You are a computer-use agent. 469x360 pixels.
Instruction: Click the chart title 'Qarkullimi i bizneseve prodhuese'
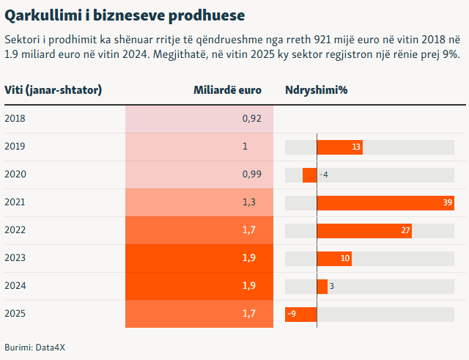tap(125, 15)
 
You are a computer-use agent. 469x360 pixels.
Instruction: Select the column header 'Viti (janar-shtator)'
tap(53, 90)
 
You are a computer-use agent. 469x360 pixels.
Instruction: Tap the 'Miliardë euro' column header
tap(227, 90)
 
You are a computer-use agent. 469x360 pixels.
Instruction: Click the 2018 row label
tap(15, 119)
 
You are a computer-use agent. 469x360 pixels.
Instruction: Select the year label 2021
tap(15, 202)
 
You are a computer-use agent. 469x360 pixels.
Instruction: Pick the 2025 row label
tap(15, 314)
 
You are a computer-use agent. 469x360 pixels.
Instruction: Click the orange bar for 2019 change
tap(339, 147)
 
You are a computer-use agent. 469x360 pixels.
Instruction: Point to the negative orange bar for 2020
tap(309, 175)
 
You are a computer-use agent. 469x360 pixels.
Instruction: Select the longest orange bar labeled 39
tap(385, 203)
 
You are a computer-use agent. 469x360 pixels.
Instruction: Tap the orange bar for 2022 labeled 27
tap(363, 231)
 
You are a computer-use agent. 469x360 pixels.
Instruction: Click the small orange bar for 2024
tap(322, 287)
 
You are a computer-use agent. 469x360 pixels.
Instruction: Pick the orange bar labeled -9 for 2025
tap(300, 315)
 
